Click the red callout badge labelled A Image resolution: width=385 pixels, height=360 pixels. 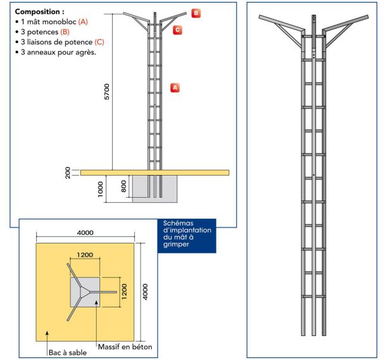coord(176,87)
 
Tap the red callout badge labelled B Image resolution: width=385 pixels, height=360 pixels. coord(196,13)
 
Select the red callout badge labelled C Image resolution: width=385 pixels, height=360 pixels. coord(178,29)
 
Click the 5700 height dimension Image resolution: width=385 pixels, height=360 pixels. coord(107,93)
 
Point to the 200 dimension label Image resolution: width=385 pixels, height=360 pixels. coord(68,172)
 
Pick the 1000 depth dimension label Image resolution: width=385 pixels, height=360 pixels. coord(101,189)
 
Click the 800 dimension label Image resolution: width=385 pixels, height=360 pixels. coord(125,185)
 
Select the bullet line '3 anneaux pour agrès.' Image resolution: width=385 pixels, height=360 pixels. coord(58,52)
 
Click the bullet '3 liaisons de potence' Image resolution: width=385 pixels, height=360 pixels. coord(61,42)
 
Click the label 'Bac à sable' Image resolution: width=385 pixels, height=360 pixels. coord(68,352)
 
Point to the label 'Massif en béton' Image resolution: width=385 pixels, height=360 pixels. coord(125,347)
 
